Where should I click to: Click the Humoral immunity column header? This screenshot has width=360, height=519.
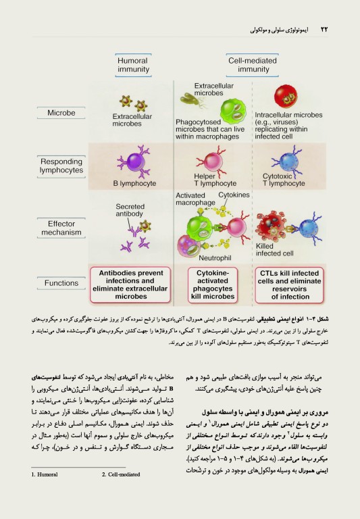tap(133, 65)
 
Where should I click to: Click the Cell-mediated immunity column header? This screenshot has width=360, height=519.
tap(248, 65)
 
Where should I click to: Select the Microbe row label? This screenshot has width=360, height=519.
tap(61, 113)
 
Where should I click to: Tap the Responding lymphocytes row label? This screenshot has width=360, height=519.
tap(61, 166)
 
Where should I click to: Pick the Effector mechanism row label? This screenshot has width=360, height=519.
tap(61, 227)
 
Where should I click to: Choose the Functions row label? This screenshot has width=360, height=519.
tap(61, 283)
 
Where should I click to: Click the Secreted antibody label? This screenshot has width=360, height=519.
tap(130, 210)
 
